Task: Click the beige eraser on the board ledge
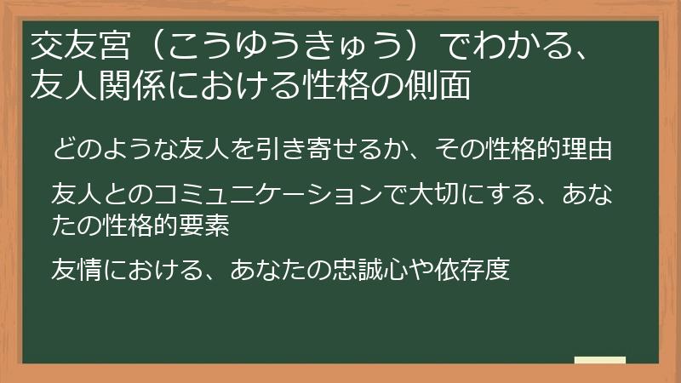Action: pyautogui.click(x=599, y=361)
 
